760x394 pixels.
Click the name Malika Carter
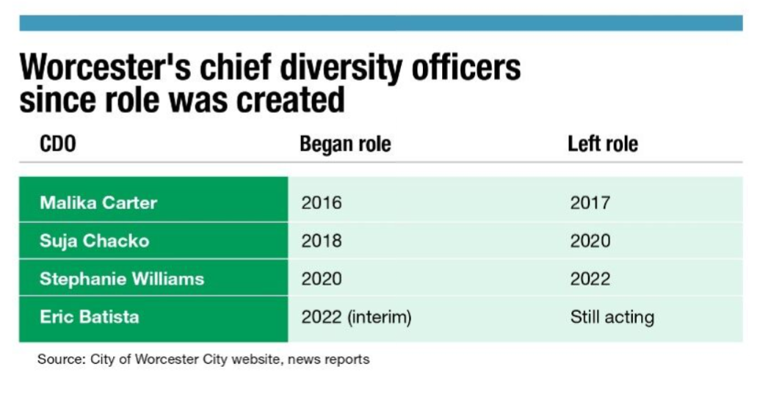[x=98, y=203]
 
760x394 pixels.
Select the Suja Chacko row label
[x=94, y=241]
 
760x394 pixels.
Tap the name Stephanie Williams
[x=122, y=279]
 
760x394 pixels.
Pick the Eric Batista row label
[x=90, y=317]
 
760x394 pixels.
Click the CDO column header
[x=58, y=144]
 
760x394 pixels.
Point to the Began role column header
[x=345, y=144]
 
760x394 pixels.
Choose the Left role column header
[x=603, y=144]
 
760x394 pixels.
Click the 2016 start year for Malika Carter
[x=322, y=203]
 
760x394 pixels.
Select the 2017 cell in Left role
[x=590, y=203]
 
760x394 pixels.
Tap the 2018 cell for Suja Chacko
[x=322, y=241]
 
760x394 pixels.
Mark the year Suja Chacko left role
[x=590, y=241]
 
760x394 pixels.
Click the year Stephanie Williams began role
[x=322, y=279]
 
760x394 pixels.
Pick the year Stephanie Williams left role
[x=590, y=279]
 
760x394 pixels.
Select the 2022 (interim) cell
[x=356, y=317]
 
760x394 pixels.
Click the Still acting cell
[x=612, y=317]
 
